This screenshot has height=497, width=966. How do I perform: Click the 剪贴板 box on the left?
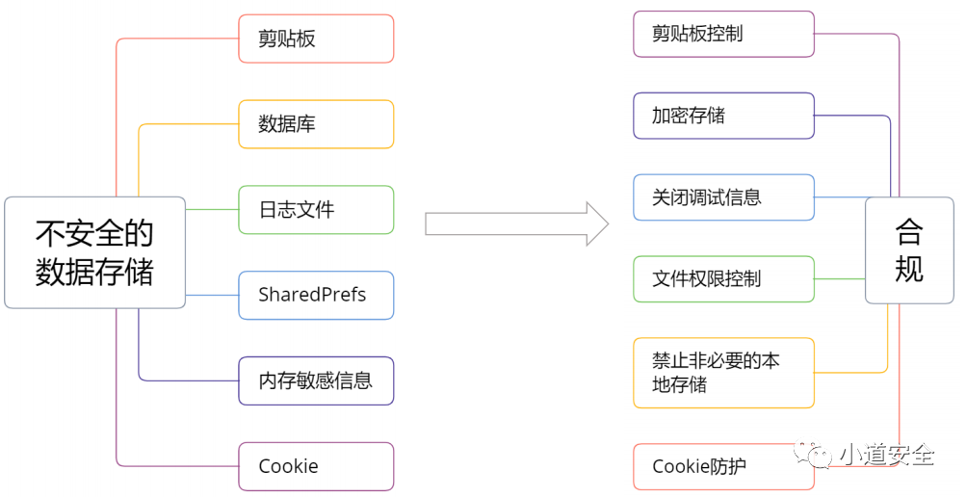316,39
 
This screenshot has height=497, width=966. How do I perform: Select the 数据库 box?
316,124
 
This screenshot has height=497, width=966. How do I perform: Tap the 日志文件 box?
316,210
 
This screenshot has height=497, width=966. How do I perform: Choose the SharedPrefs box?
316,295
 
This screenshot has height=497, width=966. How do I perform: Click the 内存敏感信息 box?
316,380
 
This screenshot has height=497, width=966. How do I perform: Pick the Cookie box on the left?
316,466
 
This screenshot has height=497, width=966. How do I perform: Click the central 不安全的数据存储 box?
94,252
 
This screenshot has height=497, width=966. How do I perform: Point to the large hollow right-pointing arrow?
516,224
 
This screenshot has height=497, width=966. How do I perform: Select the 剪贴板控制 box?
723,34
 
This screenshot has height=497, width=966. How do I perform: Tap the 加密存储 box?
723,116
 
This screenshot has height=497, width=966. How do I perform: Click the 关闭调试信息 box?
723,197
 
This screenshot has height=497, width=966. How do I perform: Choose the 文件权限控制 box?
723,279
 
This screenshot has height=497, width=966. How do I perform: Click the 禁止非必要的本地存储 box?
723,372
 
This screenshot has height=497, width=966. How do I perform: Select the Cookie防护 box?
723,466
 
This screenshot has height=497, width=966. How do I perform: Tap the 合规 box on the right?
908,250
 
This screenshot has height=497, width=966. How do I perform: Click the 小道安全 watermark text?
886,455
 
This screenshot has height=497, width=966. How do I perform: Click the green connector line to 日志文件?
212,209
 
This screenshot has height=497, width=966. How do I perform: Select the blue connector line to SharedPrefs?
212,295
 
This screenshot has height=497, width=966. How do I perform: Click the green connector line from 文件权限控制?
840,279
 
